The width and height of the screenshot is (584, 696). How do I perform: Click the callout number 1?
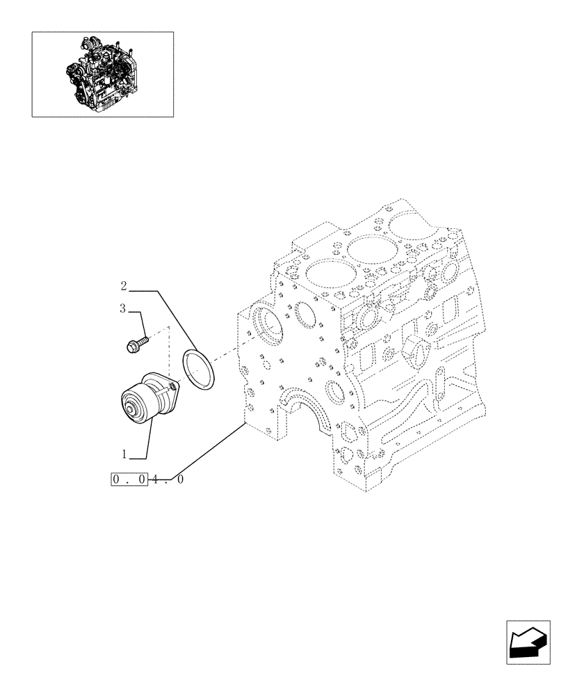click(x=123, y=454)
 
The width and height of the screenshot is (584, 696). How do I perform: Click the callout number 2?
click(x=123, y=285)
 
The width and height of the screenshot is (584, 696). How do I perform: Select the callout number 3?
click(x=123, y=309)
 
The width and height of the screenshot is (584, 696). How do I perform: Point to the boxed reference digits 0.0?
click(x=129, y=480)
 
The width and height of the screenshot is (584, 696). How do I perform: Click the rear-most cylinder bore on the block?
click(x=412, y=223)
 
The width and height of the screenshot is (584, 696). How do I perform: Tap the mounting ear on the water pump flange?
click(x=171, y=380)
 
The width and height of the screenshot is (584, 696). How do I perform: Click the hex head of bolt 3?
click(x=132, y=345)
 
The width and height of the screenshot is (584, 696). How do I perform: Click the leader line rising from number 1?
click(x=149, y=438)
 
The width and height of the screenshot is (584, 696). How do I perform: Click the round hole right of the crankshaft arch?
click(x=336, y=393)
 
